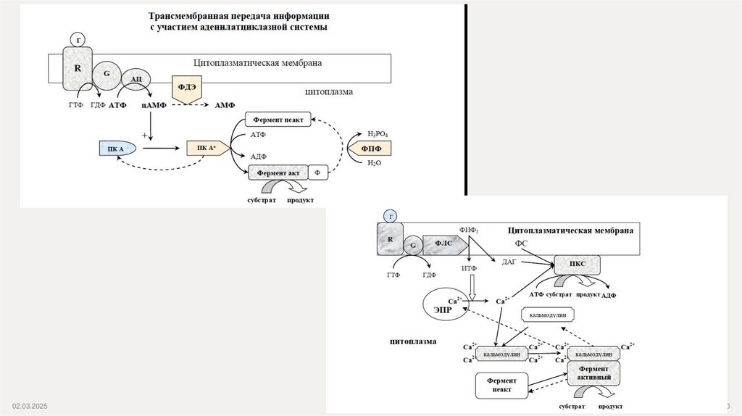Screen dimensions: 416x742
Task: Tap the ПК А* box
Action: tap(207, 149)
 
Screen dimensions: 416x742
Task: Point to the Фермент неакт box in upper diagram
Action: tap(279, 119)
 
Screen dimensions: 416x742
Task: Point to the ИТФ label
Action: tap(470, 270)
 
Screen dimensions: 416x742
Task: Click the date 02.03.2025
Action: tap(28, 407)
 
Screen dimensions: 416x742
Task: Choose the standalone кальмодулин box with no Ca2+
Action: tap(548, 315)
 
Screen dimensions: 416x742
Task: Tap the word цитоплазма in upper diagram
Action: tap(328, 92)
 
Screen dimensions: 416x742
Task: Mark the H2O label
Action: tap(374, 163)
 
